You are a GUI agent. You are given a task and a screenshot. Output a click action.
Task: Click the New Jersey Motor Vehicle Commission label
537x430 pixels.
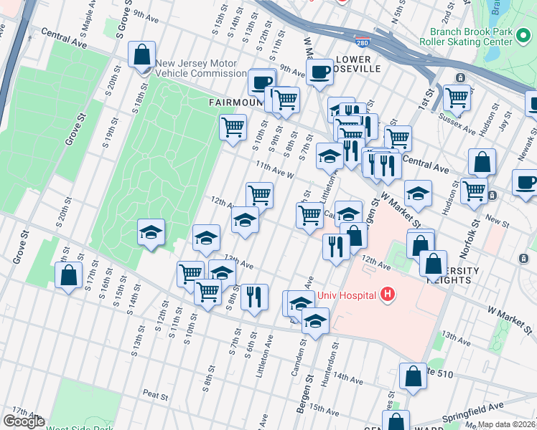click(201, 68)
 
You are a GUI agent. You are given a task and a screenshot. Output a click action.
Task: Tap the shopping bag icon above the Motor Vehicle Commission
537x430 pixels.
click(142, 54)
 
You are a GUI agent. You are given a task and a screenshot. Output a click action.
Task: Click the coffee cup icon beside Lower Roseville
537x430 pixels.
click(319, 71)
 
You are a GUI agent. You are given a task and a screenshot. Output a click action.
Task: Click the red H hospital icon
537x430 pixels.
click(388, 293)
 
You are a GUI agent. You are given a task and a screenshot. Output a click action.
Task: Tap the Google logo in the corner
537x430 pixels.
click(24, 421)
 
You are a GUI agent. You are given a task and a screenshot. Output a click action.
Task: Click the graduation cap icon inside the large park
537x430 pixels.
click(151, 231)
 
